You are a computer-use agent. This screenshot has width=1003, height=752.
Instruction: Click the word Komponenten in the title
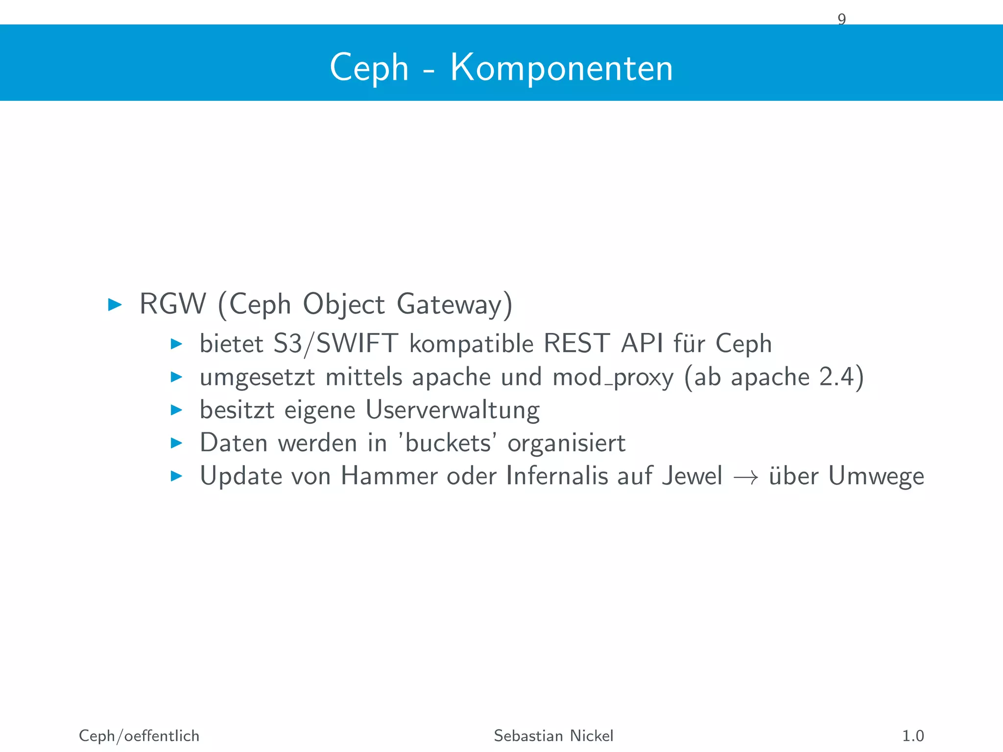pos(561,68)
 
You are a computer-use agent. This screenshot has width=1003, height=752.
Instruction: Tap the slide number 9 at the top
pos(841,20)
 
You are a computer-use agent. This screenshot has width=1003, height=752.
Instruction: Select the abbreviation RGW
pos(172,304)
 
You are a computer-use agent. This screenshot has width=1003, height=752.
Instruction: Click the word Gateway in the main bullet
pos(449,305)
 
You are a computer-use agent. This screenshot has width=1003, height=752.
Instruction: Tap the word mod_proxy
pos(613,377)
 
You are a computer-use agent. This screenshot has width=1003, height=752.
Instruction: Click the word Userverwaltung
pos(453,410)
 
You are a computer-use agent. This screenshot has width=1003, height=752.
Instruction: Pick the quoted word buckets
pos(448,443)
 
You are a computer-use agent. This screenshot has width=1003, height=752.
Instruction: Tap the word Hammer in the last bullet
pos(389,476)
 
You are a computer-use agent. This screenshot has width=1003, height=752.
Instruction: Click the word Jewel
pos(692,476)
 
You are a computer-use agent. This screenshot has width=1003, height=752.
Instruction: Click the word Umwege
pos(876,476)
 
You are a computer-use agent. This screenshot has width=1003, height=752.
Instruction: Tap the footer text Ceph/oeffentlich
pos(139,736)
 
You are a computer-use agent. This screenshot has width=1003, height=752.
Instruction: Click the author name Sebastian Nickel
pos(553,736)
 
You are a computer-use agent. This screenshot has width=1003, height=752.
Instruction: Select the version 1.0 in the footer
pos(912,736)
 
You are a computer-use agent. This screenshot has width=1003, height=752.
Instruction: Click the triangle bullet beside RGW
pos(115,305)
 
